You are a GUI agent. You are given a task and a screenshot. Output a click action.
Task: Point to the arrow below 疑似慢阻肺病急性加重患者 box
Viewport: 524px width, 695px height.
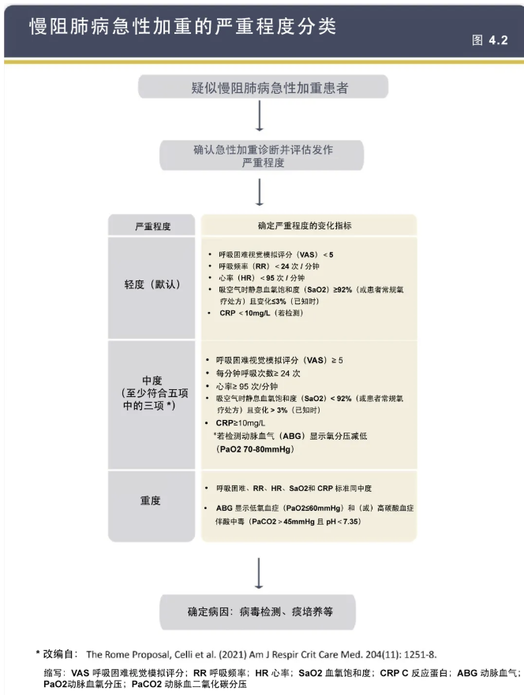pos(259,117)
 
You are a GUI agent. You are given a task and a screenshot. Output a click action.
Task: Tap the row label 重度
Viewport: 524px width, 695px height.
pos(152,500)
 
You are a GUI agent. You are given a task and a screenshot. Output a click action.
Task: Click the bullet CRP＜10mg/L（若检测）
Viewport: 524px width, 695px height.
pos(261,313)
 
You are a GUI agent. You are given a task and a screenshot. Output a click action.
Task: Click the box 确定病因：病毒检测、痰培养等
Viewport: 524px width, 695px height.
pos(259,611)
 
